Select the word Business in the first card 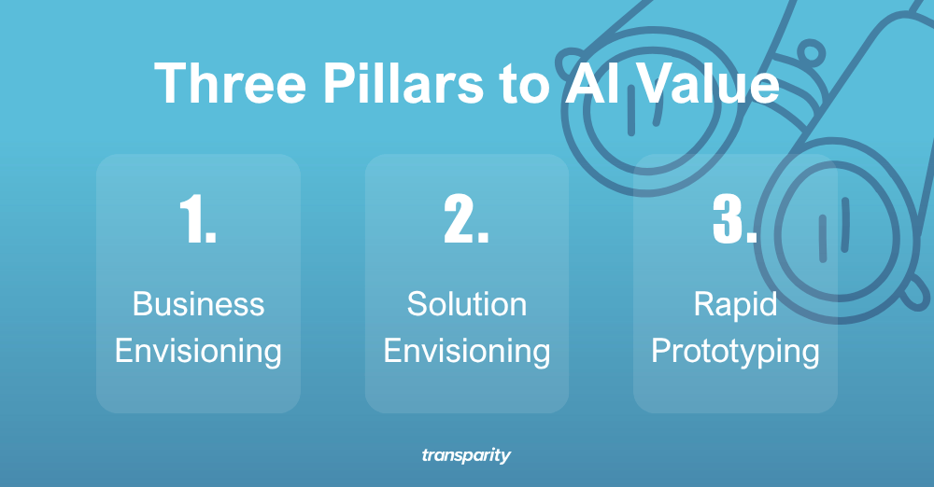tap(198, 304)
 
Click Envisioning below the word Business tap(198, 351)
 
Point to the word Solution tap(467, 304)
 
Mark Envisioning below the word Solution tap(467, 351)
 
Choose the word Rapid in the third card tap(735, 304)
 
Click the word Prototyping tap(735, 353)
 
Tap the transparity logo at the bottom tap(466, 456)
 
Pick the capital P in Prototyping tap(660, 351)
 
